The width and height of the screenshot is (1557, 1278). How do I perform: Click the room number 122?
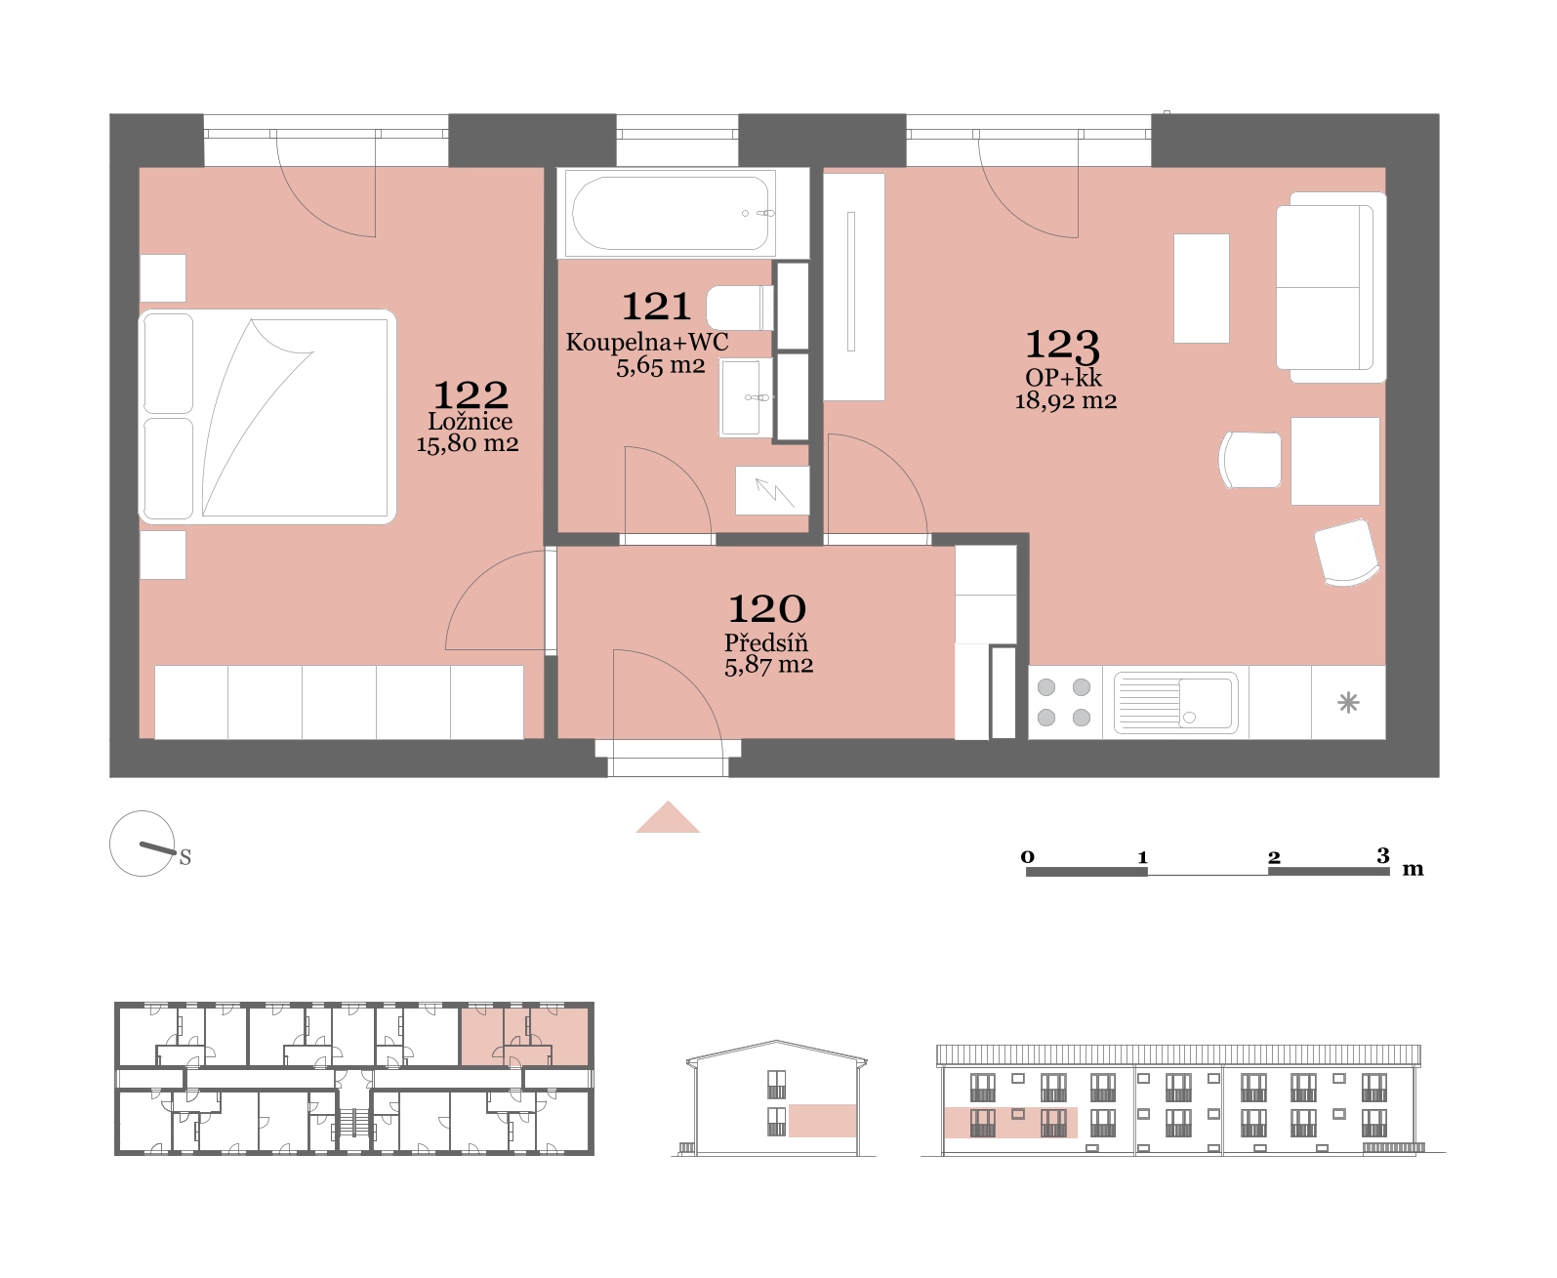471,395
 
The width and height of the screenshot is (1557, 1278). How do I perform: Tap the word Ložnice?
471,421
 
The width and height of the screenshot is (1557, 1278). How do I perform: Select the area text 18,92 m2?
1065,401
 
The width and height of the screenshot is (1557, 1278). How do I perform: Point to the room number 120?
767,609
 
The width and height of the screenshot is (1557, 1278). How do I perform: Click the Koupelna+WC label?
647,342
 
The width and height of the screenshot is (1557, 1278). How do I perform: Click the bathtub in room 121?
672,214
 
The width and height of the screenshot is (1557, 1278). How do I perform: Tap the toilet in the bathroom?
740,308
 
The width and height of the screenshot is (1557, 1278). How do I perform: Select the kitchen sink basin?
1175,702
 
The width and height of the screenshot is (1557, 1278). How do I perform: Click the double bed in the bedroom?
267,417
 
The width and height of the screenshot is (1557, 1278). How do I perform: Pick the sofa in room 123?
1331,287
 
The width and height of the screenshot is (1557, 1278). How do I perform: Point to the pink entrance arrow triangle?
668,818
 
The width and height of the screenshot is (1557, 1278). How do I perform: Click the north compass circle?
142,844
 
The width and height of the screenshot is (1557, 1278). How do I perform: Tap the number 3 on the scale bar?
1383,855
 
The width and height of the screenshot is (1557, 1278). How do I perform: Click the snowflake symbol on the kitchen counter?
1348,702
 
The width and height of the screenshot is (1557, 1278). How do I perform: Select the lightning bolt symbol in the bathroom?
774,492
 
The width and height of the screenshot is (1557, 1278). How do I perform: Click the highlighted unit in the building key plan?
524,1037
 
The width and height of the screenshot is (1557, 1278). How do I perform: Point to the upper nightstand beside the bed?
162,277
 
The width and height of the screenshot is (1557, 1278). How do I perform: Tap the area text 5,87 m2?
768,665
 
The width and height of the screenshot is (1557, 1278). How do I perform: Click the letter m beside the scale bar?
1413,869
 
